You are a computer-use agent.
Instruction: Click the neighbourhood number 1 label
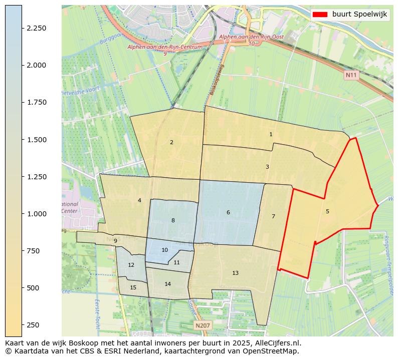271,134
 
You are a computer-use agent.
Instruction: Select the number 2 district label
171,142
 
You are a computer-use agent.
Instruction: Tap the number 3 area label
267,167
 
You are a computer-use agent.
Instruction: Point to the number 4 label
139,201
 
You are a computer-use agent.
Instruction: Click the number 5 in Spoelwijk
327,211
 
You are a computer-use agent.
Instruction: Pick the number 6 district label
228,213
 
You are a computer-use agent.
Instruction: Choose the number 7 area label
273,216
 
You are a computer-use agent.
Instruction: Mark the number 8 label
173,220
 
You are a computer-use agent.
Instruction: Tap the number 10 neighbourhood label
164,250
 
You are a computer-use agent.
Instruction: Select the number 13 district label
235,273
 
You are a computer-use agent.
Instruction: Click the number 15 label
133,287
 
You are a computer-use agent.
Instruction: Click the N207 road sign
203,325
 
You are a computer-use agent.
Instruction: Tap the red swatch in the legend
319,15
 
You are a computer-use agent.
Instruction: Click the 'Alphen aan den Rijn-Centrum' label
165,47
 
